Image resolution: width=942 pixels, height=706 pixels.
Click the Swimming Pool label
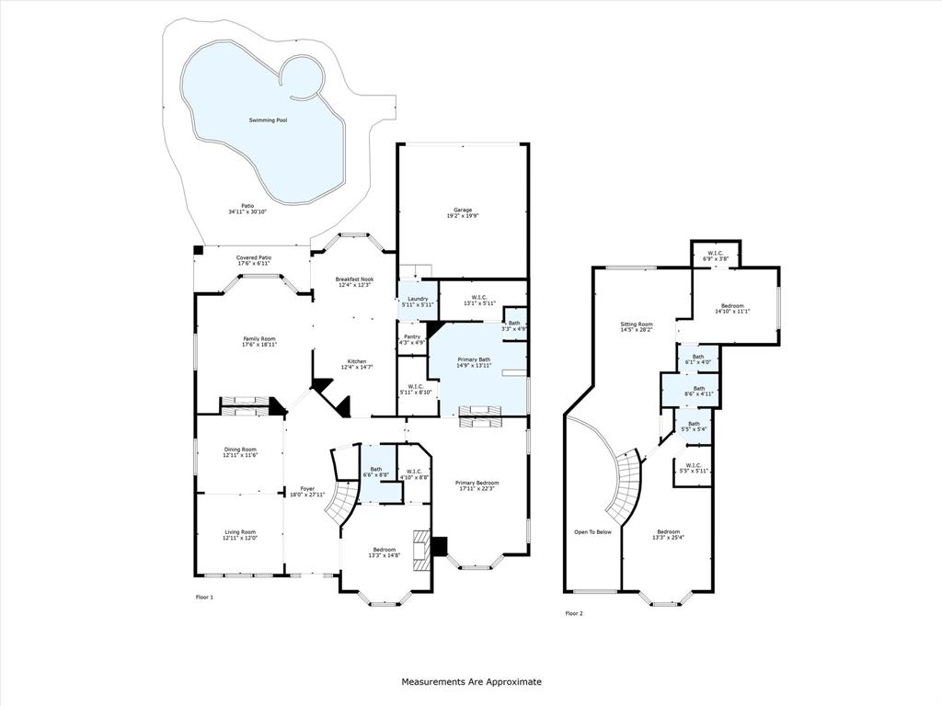(x=269, y=120)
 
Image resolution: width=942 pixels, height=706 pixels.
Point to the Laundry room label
(x=418, y=301)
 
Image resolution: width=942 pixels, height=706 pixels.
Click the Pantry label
(x=411, y=339)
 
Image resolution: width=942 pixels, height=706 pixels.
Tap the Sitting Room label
(x=636, y=326)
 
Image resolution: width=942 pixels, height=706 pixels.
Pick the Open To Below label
(x=592, y=532)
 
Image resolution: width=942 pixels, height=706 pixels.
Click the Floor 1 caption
(x=204, y=598)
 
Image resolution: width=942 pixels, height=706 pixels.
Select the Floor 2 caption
(x=574, y=613)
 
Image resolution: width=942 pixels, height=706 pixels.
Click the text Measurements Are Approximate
(x=471, y=682)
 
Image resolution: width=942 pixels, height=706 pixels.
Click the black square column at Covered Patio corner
(x=198, y=250)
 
